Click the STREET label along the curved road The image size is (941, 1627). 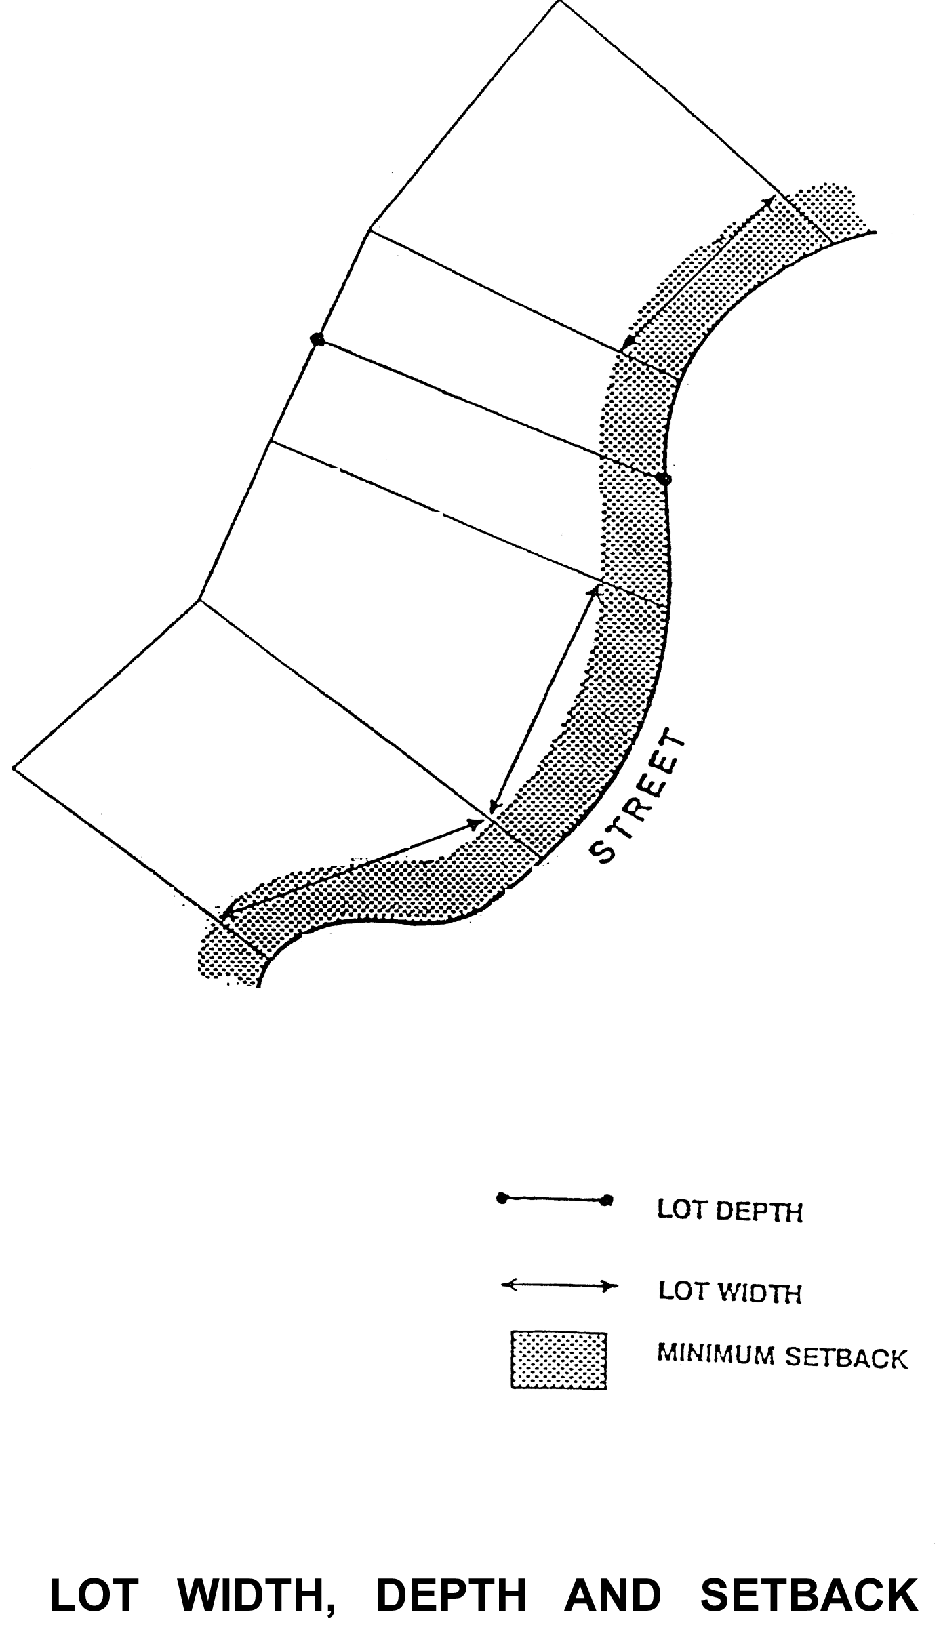pos(637,798)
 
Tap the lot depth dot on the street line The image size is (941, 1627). pos(665,479)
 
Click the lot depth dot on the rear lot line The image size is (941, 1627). pos(317,339)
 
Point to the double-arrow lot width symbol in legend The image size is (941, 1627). pos(559,1285)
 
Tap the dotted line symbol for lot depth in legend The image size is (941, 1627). pos(555,1200)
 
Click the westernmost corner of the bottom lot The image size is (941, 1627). pos(14,768)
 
